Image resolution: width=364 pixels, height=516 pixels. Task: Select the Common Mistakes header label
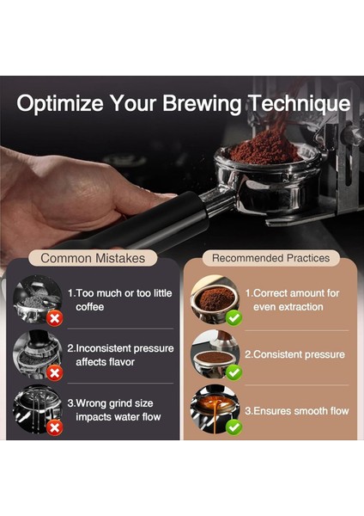pos(93,258)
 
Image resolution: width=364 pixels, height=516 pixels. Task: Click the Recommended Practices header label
pos(270,258)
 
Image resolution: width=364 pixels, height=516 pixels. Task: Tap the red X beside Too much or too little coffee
pos(54,317)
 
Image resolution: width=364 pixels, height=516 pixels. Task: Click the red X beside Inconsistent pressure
pos(54,372)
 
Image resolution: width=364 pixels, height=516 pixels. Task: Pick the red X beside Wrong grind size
pos(54,427)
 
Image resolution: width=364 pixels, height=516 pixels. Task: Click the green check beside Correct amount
pos(232,317)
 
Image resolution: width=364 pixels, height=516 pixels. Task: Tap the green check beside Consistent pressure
pos(232,372)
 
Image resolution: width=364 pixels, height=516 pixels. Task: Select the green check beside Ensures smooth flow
pos(232,427)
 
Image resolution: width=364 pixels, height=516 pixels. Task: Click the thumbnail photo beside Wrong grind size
pos(35,410)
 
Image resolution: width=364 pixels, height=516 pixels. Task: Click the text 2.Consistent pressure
pos(294,354)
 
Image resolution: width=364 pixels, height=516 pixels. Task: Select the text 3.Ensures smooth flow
pos(296,411)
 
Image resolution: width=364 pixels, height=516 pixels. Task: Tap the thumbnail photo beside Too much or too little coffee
pos(36,300)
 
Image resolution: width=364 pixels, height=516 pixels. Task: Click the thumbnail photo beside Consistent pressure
pos(214,353)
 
